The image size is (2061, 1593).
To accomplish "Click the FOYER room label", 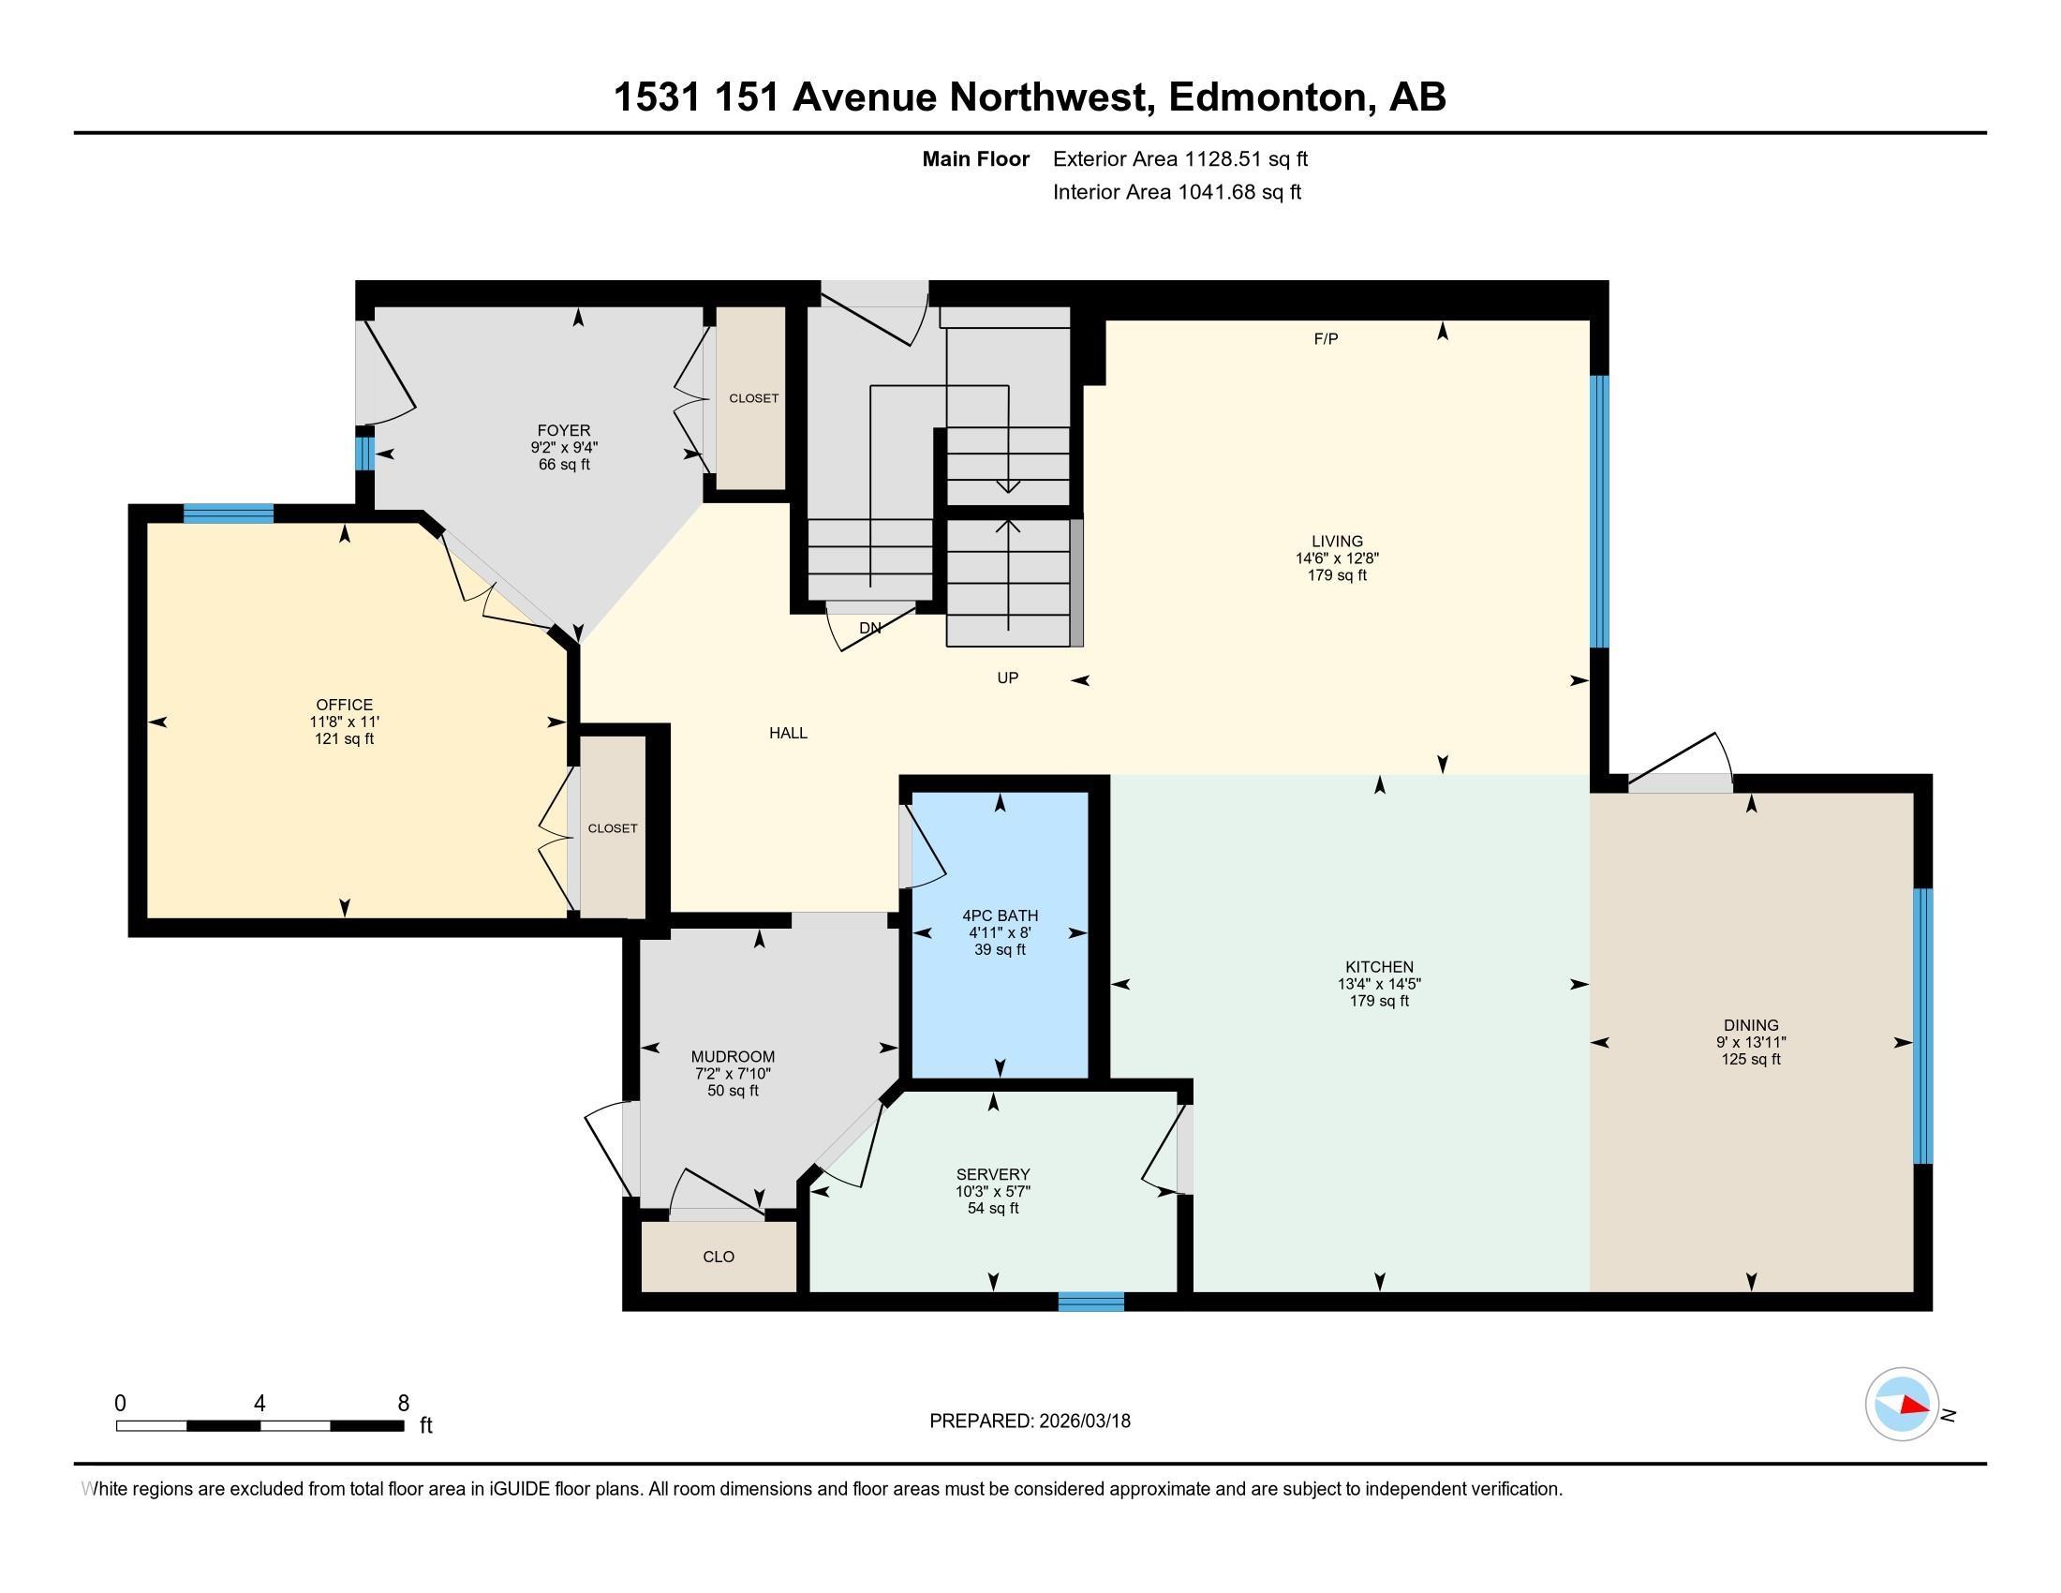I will click(563, 430).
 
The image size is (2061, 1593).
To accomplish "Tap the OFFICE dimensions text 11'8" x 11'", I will click(345, 722).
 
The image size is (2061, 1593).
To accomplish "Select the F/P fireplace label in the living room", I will click(1326, 339).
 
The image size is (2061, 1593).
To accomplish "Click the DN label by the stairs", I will click(870, 628).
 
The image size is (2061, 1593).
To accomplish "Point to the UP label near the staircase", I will click(1007, 677).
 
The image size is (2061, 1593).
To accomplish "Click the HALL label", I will click(788, 734).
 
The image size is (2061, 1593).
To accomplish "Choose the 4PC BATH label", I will click(1000, 916).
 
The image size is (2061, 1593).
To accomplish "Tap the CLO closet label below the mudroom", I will click(719, 1257).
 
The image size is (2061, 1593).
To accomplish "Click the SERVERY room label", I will click(993, 1174).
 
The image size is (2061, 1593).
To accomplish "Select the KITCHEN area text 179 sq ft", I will click(1379, 1002).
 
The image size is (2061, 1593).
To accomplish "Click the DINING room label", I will click(1751, 1025).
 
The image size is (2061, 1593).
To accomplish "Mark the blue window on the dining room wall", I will click(1922, 1026).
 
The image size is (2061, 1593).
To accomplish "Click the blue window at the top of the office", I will click(228, 514).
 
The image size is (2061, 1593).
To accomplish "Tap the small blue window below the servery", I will click(1090, 1303).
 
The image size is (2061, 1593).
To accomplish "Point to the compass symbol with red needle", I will click(1902, 1405).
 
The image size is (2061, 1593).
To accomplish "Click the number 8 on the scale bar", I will click(403, 1404).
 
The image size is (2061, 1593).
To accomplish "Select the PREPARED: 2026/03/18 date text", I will click(1030, 1422).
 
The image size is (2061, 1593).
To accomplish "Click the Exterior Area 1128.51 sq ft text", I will click(1179, 159).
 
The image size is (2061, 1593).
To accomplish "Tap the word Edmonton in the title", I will click(1269, 97).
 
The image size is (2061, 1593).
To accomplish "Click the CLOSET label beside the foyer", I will click(753, 398).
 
